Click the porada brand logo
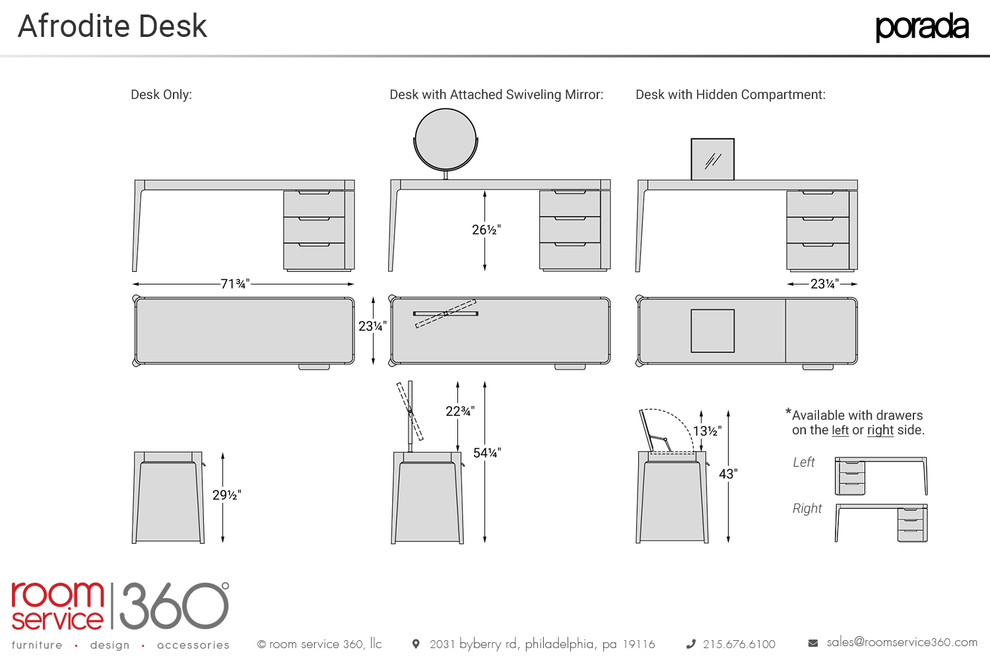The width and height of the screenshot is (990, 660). coord(921,27)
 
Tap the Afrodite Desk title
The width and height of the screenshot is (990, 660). coord(112,26)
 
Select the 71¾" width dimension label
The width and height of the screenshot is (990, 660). coord(235,284)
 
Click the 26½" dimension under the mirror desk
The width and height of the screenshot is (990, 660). coord(486,230)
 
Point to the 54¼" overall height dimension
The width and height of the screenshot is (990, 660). coord(487,453)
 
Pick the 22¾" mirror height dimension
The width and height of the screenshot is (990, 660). coord(460,411)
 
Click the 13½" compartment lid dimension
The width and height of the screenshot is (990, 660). coord(707,431)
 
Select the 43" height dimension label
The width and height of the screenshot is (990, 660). coord(728,474)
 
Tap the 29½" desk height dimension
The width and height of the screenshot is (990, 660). coord(226,495)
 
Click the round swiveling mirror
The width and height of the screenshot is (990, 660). coord(445,140)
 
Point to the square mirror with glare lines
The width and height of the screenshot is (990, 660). coord(712,159)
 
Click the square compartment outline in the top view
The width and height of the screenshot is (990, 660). coord(712,331)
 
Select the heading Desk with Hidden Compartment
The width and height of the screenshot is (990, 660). coord(730,94)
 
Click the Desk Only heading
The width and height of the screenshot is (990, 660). coord(161,94)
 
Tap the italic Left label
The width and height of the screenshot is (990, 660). coord(804,462)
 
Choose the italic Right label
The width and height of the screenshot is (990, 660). coord(807,508)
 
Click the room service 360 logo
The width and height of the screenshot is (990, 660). coord(119,606)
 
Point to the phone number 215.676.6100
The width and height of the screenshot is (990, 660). coord(739,644)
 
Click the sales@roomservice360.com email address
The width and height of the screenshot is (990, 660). coord(902,642)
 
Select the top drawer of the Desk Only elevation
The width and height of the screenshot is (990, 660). coord(314,204)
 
